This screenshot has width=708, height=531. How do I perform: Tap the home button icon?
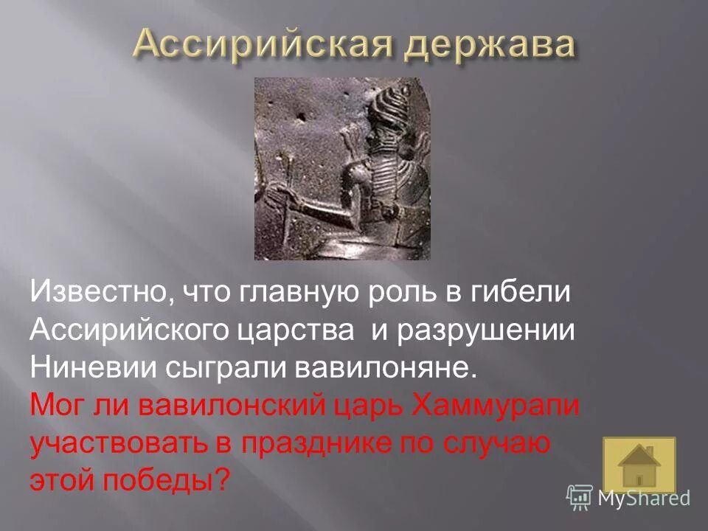(x=639, y=465)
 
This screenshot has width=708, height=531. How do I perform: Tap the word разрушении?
(x=487, y=330)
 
